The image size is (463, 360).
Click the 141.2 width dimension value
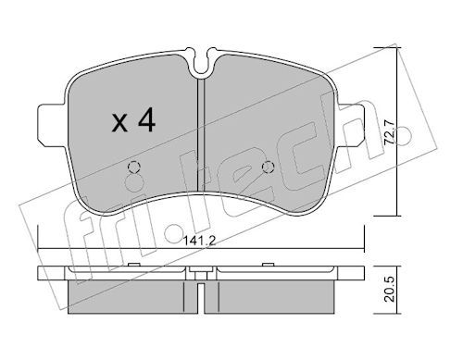pyautogui.click(x=199, y=241)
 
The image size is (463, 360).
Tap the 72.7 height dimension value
pyautogui.click(x=390, y=131)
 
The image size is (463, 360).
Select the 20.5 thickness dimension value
pyautogui.click(x=390, y=289)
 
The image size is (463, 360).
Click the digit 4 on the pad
pyautogui.click(x=146, y=121)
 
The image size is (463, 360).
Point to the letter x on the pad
pyautogui.click(x=119, y=123)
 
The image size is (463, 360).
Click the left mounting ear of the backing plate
pyautogui.click(x=52, y=124)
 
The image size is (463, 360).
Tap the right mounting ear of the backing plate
pyautogui.click(x=351, y=124)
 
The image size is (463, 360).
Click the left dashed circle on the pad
pyautogui.click(x=134, y=168)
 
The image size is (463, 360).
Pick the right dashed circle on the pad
pyautogui.click(x=268, y=168)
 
